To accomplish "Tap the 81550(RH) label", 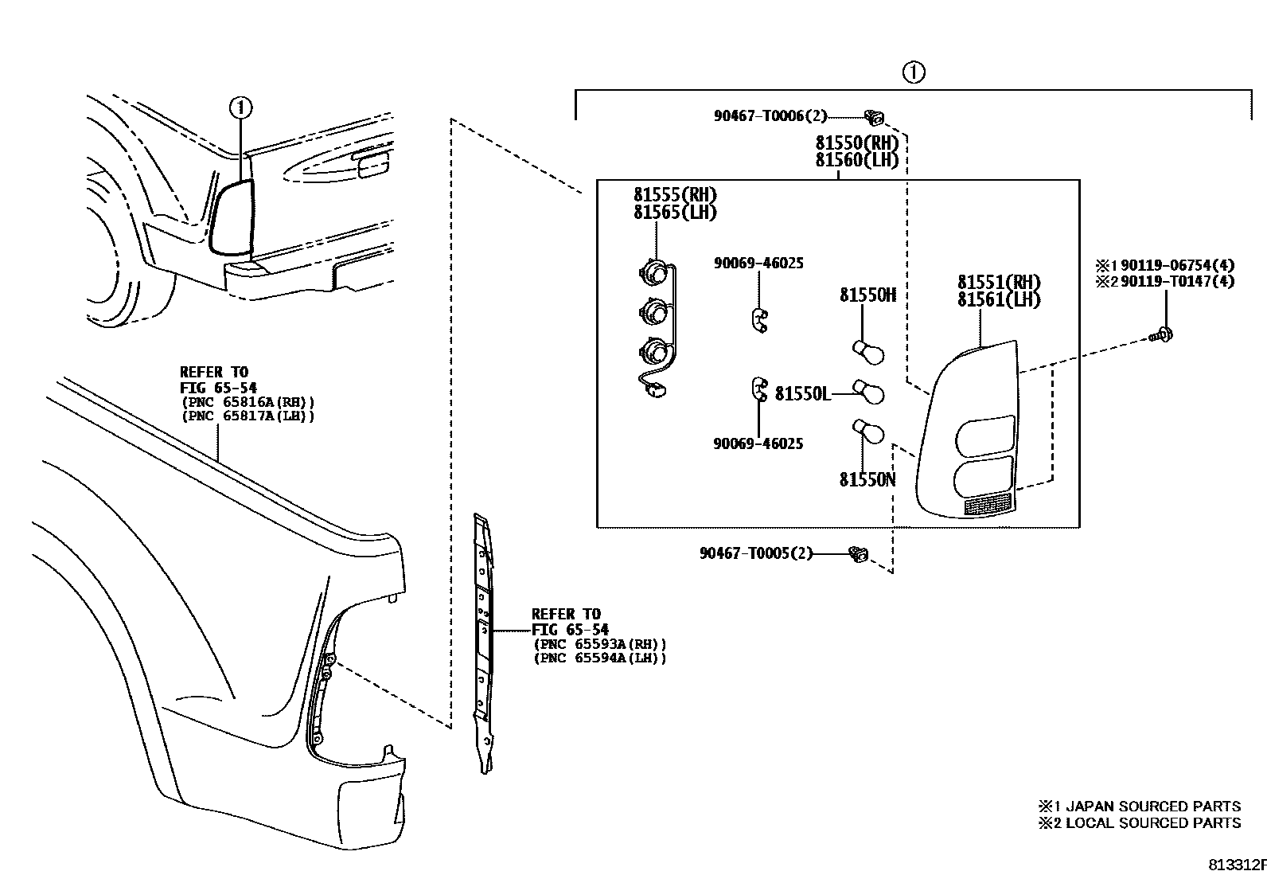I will point(856,143).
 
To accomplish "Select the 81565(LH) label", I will point(675,213).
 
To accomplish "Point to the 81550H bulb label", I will point(867,295).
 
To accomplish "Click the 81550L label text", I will point(802,393).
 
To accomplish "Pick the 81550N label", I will point(867,479).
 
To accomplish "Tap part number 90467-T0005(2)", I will point(756,553).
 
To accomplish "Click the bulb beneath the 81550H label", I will point(868,351).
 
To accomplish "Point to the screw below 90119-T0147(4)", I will point(1165,334).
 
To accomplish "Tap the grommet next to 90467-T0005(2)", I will point(859,554).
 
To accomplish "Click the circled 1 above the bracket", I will point(914,72).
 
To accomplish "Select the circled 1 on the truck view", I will point(241,106).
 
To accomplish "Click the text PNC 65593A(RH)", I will point(599,644).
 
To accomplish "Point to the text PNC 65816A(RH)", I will point(248,401).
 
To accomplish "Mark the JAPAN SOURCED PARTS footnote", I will point(1139,807).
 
